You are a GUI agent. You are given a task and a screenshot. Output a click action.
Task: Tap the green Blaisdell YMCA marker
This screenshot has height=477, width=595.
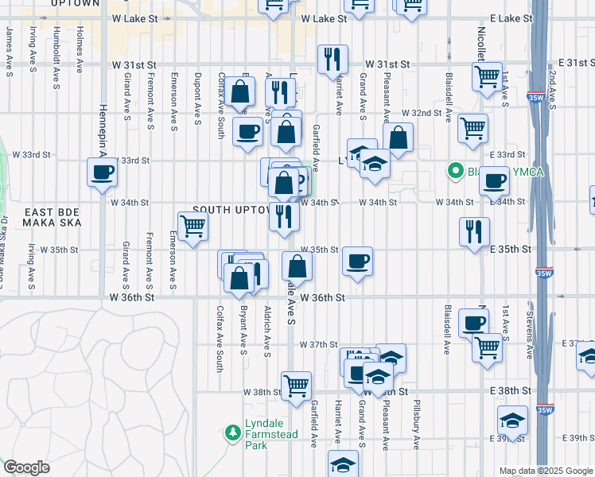point(456,170)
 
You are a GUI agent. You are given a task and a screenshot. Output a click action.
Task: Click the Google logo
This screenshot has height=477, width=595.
point(26,467)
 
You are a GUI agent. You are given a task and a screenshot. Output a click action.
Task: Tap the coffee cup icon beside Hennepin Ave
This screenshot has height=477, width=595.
point(103,172)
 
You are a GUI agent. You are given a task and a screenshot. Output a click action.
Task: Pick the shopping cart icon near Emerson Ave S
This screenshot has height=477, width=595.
point(192,226)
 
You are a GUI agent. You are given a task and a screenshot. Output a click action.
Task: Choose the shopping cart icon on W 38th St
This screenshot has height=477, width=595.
point(296,385)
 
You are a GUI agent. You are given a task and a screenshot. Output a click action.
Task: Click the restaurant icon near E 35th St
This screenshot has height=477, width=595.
point(475,231)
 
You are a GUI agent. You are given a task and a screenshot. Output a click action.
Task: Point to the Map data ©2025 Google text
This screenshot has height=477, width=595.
point(545,471)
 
